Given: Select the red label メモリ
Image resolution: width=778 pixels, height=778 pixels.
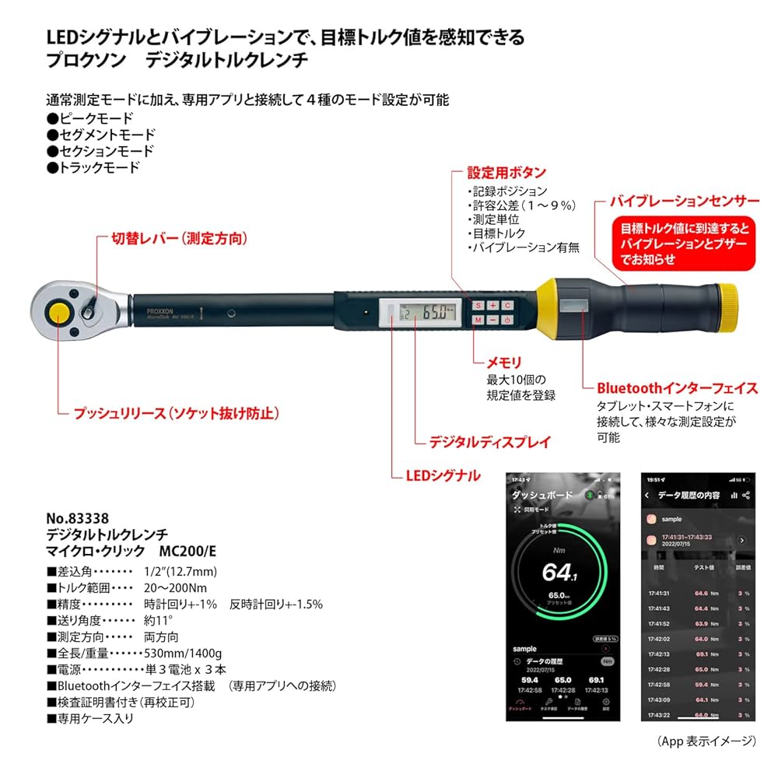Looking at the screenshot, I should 503,362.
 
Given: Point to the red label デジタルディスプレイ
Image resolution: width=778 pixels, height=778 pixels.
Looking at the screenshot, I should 490,442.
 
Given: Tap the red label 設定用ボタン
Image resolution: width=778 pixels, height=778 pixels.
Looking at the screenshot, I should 506,172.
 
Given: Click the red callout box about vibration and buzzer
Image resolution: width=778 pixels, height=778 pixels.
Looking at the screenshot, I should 685,244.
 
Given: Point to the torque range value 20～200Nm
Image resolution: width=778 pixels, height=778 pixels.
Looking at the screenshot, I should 176,587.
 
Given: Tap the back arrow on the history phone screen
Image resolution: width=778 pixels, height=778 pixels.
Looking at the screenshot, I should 647,496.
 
